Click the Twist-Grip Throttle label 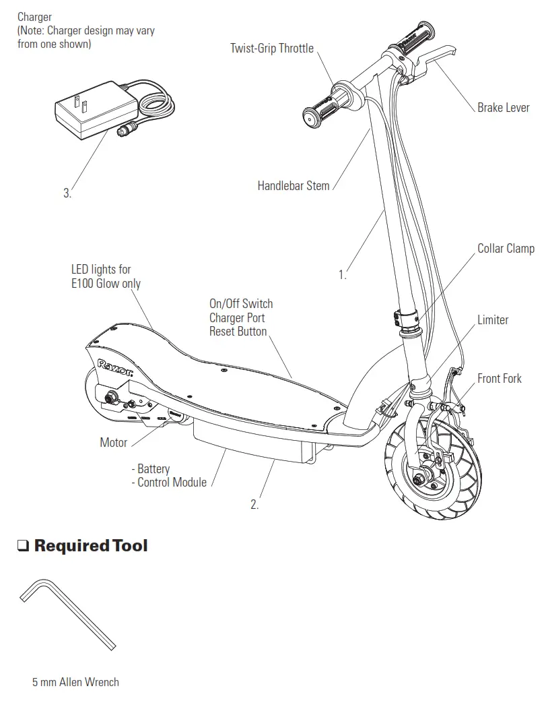[271, 48]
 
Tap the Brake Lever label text [503, 108]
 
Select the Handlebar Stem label [294, 185]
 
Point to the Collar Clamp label [506, 249]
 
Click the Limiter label [493, 320]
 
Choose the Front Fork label [500, 379]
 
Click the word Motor [114, 443]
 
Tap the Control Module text [172, 483]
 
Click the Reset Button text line [238, 332]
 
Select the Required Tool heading [91, 545]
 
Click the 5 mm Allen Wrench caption [75, 682]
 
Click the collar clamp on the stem [406, 317]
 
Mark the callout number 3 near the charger [67, 193]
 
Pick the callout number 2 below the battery [254, 504]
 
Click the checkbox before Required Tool [24, 546]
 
